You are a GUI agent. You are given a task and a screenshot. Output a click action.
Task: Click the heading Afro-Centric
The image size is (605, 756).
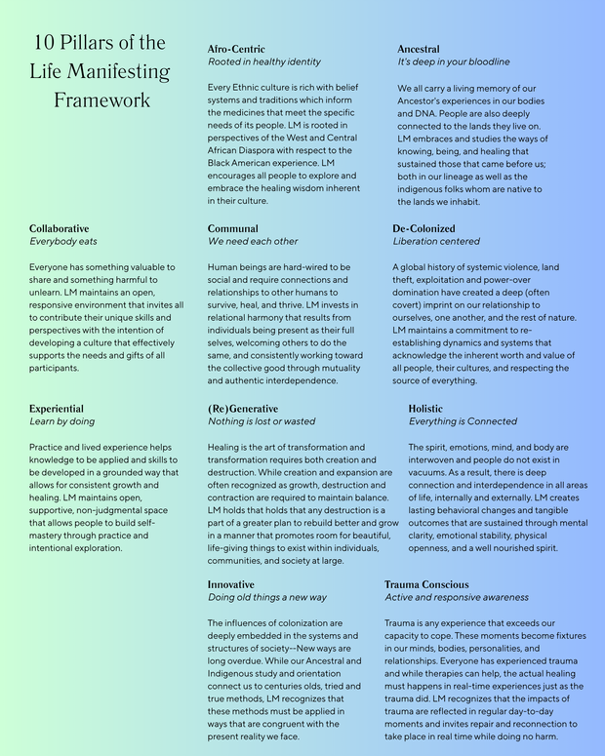(x=236, y=49)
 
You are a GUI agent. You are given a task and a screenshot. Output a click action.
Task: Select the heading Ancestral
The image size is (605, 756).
(x=418, y=49)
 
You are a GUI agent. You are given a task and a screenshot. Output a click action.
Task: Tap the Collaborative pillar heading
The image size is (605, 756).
(x=59, y=228)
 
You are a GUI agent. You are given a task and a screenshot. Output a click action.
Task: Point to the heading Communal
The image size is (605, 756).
(x=233, y=228)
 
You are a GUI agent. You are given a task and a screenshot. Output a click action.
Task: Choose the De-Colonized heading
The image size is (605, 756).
(x=424, y=228)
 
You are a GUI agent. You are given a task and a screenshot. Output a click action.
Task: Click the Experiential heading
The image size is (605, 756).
(x=57, y=409)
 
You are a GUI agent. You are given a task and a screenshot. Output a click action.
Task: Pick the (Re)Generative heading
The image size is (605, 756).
(x=243, y=409)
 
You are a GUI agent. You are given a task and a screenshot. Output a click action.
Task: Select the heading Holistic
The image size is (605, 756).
(x=425, y=409)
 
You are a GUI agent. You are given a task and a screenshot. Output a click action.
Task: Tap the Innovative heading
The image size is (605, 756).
(x=231, y=584)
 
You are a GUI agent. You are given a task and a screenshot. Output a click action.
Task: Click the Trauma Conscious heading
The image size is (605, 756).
(x=426, y=584)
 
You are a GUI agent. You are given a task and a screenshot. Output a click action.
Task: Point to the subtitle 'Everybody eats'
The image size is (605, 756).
(x=63, y=241)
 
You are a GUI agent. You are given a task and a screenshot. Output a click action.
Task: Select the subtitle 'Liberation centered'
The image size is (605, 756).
(x=436, y=241)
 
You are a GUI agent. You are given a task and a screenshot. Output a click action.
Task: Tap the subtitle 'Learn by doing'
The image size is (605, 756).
(x=61, y=421)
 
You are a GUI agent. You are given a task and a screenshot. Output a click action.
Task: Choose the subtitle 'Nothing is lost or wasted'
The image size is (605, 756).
(x=262, y=421)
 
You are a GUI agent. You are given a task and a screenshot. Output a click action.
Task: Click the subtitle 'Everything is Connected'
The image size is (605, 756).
(x=463, y=421)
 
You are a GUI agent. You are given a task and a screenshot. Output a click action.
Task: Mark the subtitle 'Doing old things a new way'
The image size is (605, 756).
(x=267, y=597)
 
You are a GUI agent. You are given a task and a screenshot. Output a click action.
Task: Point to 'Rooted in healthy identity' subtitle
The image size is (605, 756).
(x=263, y=61)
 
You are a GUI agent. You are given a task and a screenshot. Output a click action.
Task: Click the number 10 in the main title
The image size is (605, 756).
(x=44, y=43)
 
